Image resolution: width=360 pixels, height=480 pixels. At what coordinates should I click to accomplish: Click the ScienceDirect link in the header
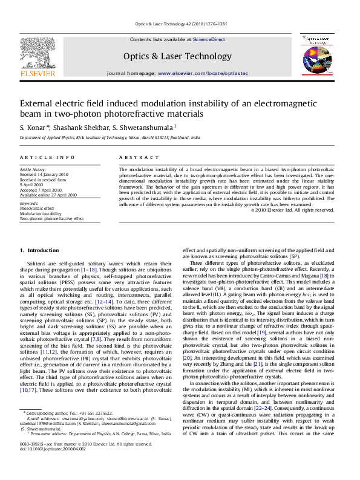pos(209,39)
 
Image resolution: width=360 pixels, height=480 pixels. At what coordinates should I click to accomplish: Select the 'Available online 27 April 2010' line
pos(48,195)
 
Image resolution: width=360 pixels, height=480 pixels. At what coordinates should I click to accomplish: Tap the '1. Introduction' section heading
pos(39,250)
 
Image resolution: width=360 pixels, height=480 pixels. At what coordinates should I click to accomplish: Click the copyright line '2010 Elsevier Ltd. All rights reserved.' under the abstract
pos(295,210)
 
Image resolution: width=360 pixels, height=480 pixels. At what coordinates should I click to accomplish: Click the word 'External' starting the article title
pos(37,103)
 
